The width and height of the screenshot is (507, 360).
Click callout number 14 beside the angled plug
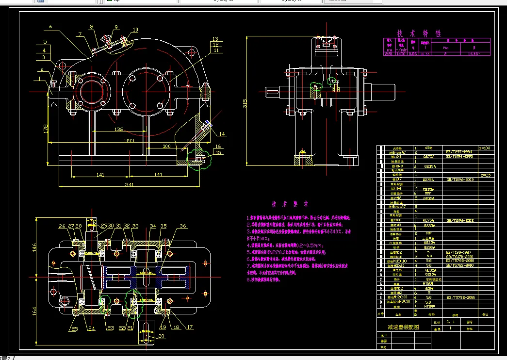pyautogui.click(x=222, y=133)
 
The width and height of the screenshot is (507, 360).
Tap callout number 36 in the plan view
pyautogui.click(x=182, y=226)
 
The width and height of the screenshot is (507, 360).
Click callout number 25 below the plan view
pyautogui.click(x=74, y=329)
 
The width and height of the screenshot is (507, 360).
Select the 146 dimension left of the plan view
pyautogui.click(x=35, y=248)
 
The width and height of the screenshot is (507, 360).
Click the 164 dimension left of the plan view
pyautogui.click(x=35, y=311)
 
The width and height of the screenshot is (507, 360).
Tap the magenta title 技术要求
pyautogui.click(x=289, y=204)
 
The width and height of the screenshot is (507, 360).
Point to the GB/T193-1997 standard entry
pyautogui.click(x=458, y=252)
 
